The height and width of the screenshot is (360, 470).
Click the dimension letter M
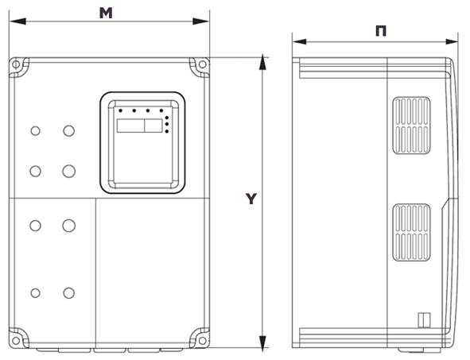(106, 13)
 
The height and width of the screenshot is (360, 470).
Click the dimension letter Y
(251, 199)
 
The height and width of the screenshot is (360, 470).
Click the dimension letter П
(381, 31)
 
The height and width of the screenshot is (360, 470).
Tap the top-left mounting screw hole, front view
(16, 64)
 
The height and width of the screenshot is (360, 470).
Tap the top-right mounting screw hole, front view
(203, 64)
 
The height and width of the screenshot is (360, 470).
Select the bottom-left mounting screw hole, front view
(16, 341)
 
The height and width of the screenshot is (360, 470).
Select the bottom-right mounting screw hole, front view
(203, 341)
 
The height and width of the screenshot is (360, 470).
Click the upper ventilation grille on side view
(412, 126)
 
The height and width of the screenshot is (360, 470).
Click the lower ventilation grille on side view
(412, 232)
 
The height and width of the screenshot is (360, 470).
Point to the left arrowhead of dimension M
(17, 21)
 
